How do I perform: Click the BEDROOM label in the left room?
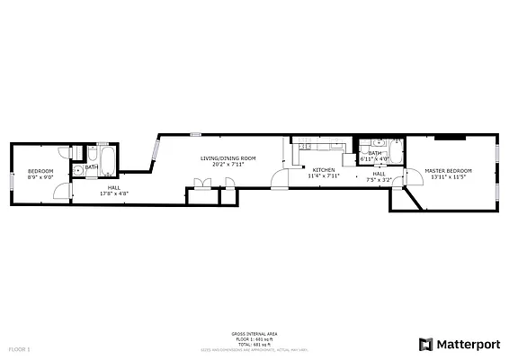click(40, 171)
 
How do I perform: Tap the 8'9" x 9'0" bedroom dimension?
click(40, 177)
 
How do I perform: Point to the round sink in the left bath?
click(79, 168)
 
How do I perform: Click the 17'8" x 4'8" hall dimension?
click(113, 193)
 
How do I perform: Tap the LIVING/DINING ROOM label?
click(228, 158)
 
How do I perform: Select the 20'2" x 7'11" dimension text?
click(228, 165)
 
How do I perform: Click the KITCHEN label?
click(324, 170)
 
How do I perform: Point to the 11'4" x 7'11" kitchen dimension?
click(324, 176)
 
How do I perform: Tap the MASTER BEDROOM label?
click(448, 170)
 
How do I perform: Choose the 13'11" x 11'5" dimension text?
click(448, 176)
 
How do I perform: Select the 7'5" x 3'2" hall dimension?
click(379, 180)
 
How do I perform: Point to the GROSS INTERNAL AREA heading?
click(254, 333)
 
